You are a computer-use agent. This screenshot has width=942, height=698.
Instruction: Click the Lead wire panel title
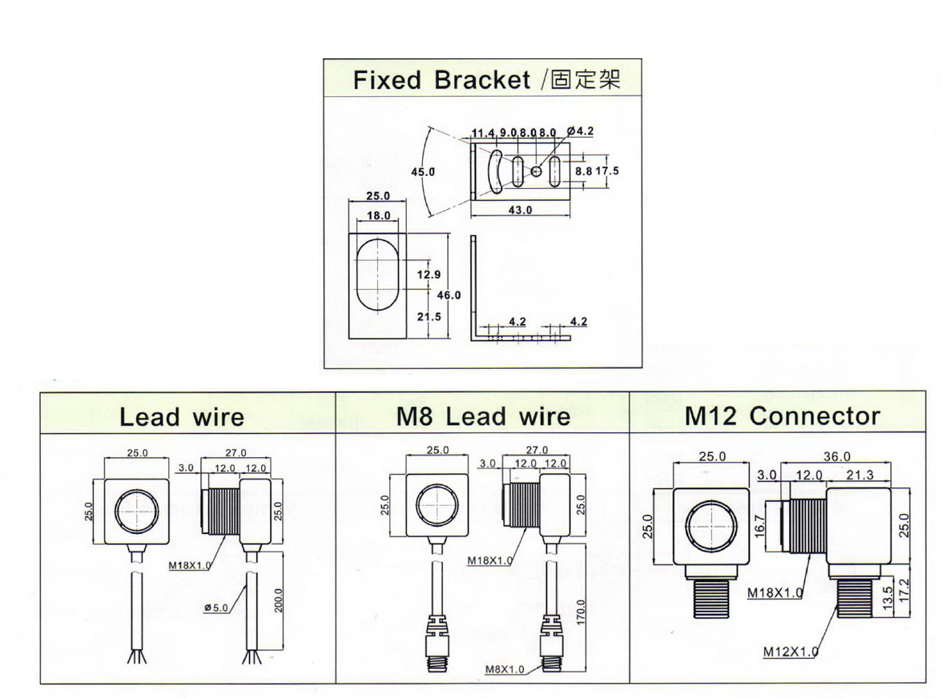click(x=182, y=416)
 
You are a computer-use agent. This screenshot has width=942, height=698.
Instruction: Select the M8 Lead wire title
click(x=483, y=415)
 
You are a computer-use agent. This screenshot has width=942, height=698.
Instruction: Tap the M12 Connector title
click(x=782, y=415)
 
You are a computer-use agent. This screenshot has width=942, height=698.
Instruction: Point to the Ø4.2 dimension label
click(x=579, y=131)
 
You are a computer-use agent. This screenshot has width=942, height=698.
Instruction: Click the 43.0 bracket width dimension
click(x=520, y=211)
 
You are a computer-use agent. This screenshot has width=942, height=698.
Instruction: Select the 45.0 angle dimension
click(x=422, y=172)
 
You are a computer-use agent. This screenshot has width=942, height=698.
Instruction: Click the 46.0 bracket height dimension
click(x=449, y=295)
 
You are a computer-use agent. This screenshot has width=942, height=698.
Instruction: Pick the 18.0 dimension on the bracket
click(x=378, y=216)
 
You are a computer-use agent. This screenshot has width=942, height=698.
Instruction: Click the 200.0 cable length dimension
click(x=278, y=600)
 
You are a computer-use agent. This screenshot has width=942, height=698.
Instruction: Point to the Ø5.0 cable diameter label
click(x=216, y=608)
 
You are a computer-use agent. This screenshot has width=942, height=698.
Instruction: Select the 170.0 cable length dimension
click(x=582, y=614)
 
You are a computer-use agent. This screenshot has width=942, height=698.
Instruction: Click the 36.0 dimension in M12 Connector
click(x=836, y=457)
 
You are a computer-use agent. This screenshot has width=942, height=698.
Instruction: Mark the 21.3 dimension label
click(x=859, y=475)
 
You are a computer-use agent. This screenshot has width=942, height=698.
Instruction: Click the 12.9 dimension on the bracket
click(x=429, y=275)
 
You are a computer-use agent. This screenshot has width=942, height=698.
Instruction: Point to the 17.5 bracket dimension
click(x=608, y=170)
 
